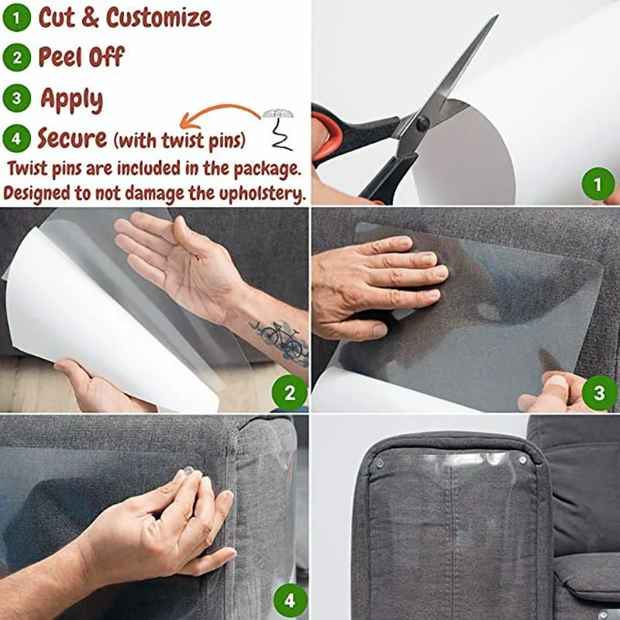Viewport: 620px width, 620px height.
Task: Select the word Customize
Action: click(x=159, y=17)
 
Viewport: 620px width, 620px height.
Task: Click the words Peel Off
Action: click(x=81, y=57)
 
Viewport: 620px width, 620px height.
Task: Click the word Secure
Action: click(x=72, y=139)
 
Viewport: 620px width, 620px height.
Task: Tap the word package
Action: click(x=262, y=167)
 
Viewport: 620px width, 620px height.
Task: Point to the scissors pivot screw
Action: click(x=422, y=122)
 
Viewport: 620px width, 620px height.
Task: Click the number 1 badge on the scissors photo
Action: click(x=598, y=184)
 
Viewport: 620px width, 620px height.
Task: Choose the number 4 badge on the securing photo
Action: click(x=289, y=600)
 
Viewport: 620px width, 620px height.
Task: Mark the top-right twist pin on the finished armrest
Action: click(x=523, y=460)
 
